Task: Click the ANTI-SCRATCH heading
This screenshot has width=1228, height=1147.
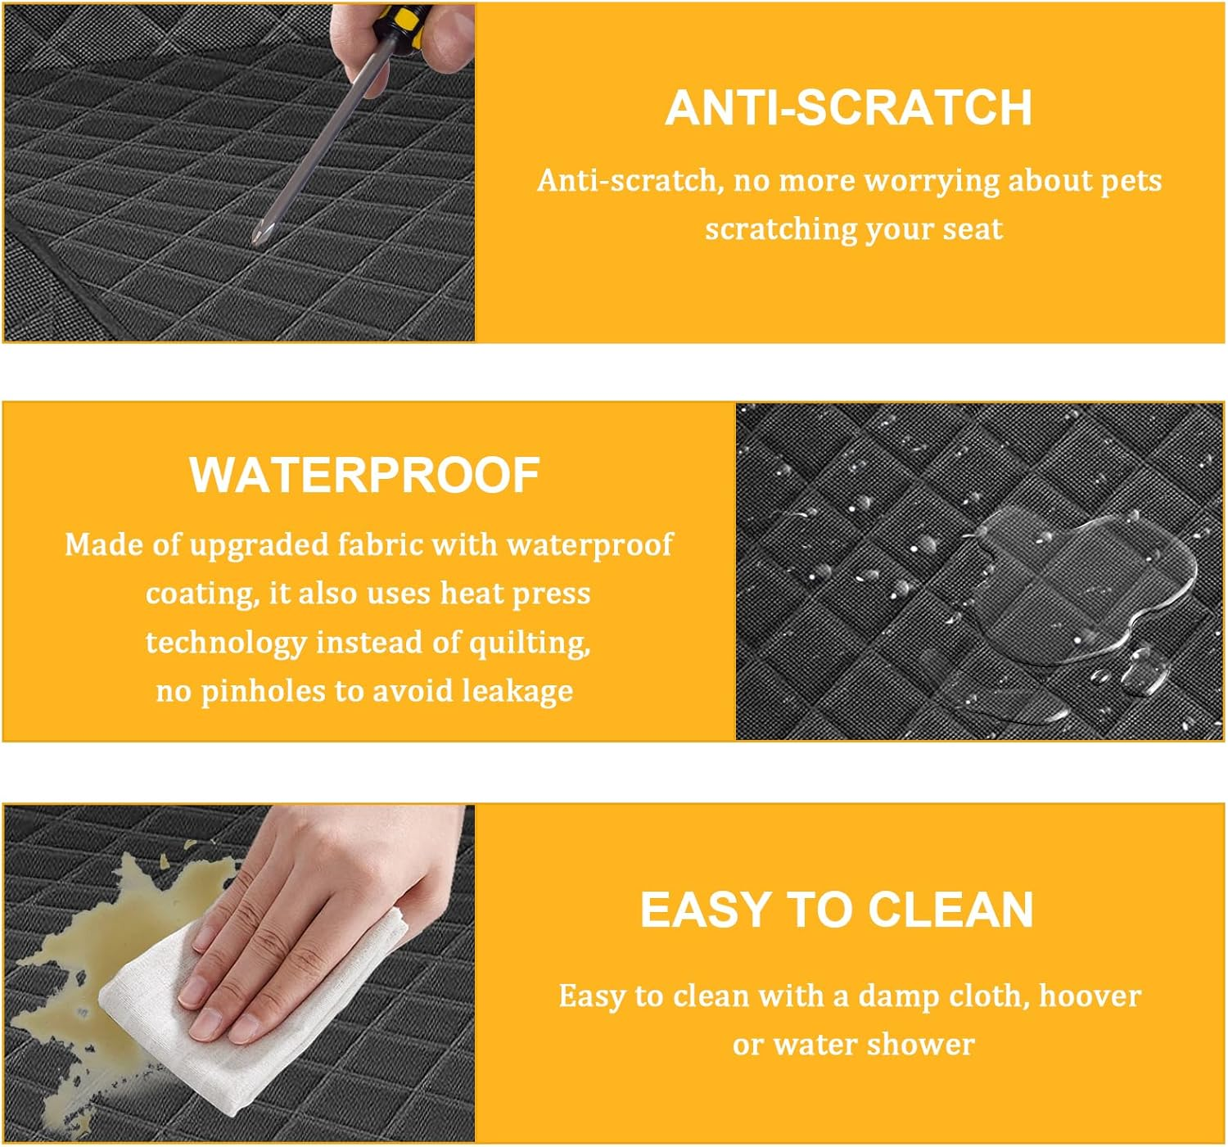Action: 848,107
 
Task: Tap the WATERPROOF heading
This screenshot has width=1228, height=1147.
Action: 365,475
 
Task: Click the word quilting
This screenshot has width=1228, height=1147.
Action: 530,643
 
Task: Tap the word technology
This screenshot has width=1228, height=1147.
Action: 226,643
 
